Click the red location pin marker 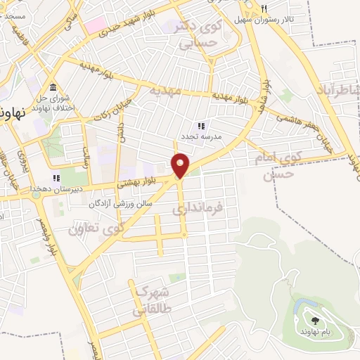click(x=181, y=165)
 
